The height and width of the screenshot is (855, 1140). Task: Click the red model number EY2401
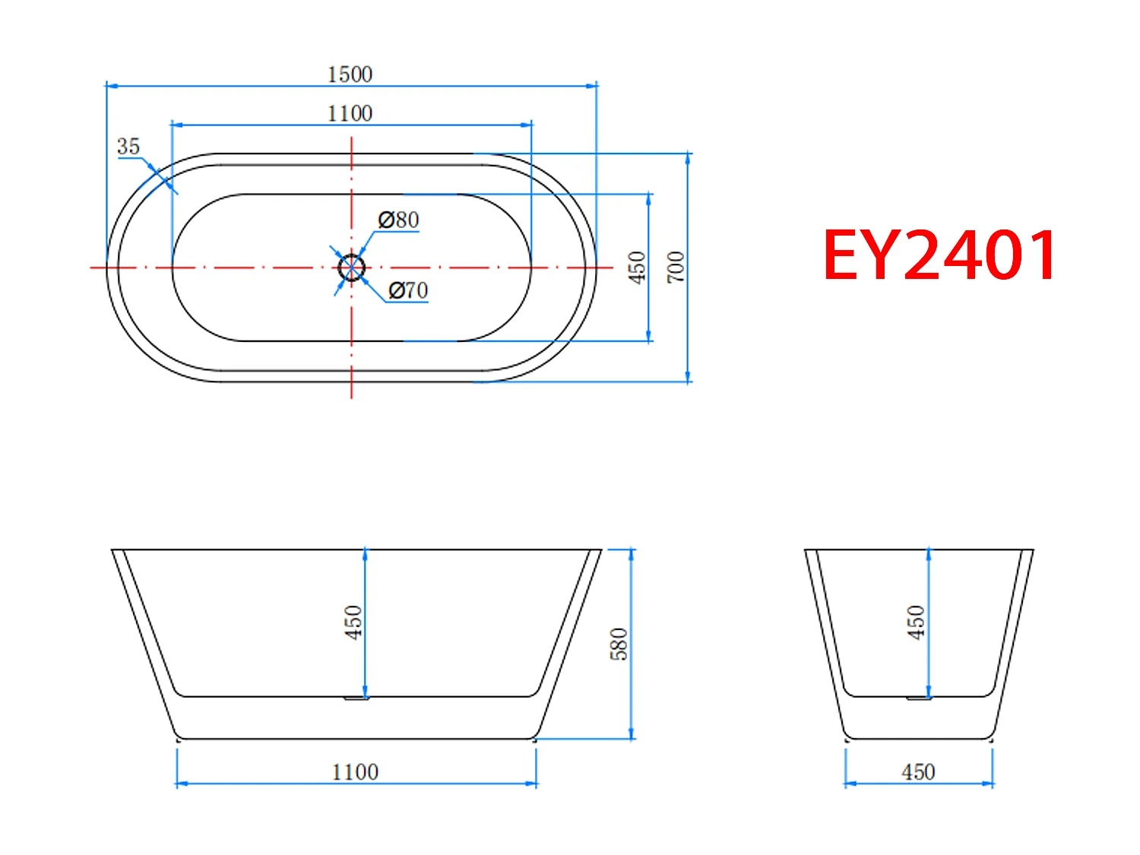tap(939, 255)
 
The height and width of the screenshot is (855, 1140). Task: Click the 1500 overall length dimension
tap(350, 74)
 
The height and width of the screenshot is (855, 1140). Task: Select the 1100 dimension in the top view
tap(350, 113)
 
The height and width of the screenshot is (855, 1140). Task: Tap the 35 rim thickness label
tap(128, 147)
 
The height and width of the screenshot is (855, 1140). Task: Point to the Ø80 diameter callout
tap(399, 220)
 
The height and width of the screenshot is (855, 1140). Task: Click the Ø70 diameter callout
tap(408, 290)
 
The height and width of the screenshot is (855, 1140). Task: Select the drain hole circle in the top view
tap(351, 268)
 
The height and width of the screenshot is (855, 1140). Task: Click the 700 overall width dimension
tap(676, 268)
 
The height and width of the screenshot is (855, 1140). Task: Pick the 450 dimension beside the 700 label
tap(637, 268)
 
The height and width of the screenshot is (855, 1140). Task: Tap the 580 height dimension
tap(619, 644)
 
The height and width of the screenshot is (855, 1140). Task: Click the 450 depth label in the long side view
tap(353, 622)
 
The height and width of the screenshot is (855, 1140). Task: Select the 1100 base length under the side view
tap(355, 772)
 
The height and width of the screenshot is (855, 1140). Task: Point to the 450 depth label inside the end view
tap(916, 622)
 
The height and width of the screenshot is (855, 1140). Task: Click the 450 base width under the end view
tap(918, 772)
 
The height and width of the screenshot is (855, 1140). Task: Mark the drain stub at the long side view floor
tap(356, 698)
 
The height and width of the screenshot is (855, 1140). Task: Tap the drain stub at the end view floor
tap(918, 698)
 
